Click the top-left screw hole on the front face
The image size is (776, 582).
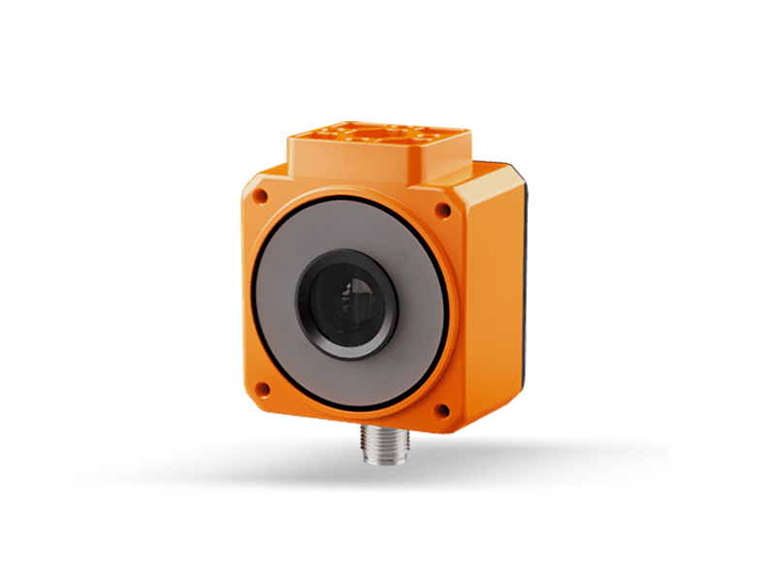tap(259, 196)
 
